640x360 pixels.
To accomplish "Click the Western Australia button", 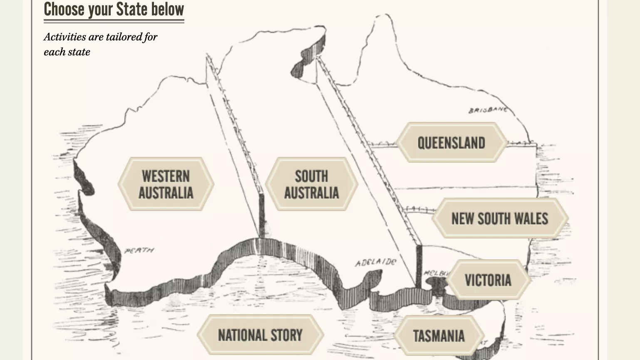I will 166,184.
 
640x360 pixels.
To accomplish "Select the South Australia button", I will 311,184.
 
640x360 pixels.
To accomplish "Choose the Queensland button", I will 451,143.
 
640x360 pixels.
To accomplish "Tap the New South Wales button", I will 500,218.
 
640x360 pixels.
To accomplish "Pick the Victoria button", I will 488,280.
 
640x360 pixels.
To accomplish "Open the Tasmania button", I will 439,335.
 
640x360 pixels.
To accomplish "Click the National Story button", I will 260,335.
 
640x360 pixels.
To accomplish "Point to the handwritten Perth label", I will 139,251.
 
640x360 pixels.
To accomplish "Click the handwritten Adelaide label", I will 376,262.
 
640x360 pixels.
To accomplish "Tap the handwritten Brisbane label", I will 488,110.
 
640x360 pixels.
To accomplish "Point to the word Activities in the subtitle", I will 65,37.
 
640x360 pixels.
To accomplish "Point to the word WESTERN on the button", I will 166,176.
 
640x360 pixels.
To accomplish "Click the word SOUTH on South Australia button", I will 311,176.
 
